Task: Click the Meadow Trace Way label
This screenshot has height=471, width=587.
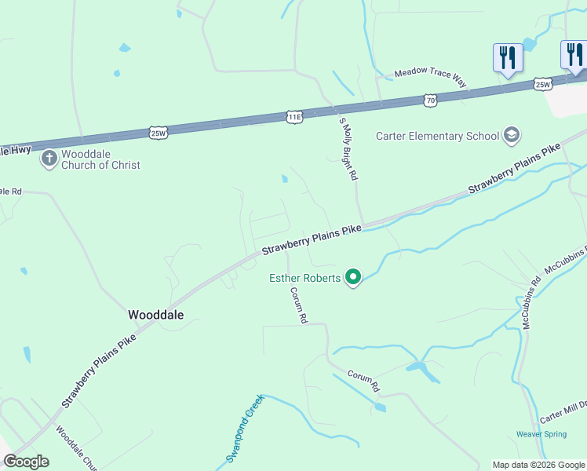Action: [430, 72]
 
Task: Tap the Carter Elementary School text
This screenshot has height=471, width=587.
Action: [437, 136]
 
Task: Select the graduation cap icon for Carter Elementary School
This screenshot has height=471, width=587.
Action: [512, 136]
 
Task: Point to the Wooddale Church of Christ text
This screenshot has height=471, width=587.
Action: [100, 159]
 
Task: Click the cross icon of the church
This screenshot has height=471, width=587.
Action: [49, 159]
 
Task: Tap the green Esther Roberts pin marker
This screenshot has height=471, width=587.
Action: [353, 277]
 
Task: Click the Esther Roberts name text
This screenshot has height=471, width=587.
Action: [304, 278]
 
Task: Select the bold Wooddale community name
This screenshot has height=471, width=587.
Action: [155, 314]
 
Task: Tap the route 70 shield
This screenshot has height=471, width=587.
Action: [429, 100]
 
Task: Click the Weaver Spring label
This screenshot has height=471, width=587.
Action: [541, 434]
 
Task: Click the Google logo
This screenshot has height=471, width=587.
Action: [26, 462]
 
